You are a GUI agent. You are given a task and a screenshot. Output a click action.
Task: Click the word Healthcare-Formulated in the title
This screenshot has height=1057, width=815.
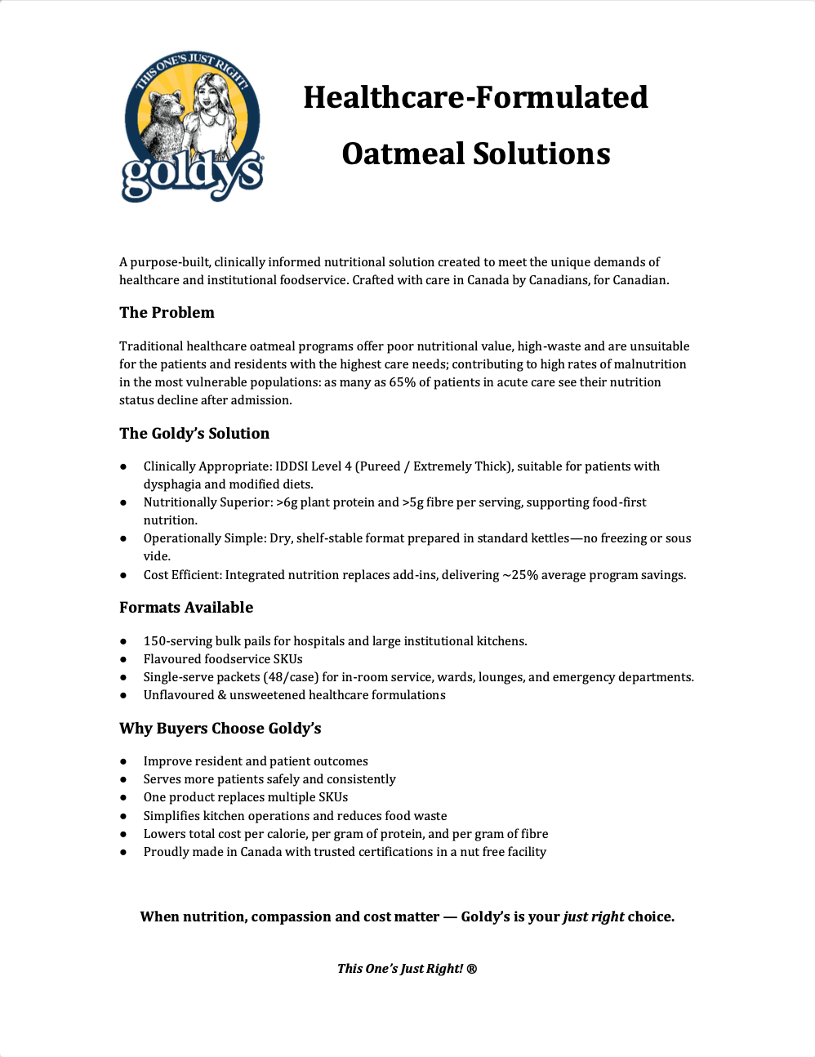coord(475,97)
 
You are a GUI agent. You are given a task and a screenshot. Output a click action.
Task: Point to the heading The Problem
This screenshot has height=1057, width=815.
coord(167,313)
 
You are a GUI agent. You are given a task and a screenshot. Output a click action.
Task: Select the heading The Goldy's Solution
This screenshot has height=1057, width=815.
coord(194,434)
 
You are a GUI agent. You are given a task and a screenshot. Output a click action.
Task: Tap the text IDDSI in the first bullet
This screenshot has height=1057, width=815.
coord(292,466)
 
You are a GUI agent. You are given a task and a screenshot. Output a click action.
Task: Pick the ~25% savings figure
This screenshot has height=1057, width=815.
coord(520,575)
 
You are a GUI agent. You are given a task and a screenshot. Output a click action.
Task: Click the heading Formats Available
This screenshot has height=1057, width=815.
coord(186,608)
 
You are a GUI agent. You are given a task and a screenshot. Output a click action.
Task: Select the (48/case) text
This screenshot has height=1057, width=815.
coord(291,677)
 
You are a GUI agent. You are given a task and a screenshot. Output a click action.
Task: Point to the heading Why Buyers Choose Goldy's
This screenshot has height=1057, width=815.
coord(220,729)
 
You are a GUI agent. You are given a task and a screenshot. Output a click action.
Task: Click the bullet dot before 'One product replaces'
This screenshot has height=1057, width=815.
coord(123,797)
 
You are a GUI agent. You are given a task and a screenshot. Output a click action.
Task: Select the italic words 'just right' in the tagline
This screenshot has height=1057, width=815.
coord(594,917)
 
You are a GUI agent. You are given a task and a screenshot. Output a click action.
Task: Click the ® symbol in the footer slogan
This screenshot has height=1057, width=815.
coord(472,969)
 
